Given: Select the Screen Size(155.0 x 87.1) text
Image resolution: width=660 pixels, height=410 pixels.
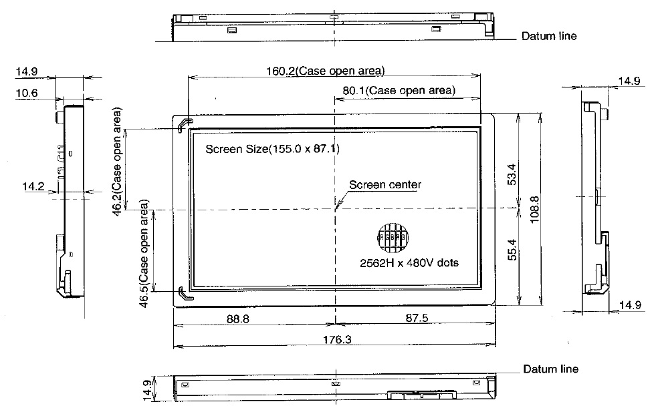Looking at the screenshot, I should (x=272, y=149).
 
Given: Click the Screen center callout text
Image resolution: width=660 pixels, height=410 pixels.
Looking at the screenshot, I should (x=385, y=185).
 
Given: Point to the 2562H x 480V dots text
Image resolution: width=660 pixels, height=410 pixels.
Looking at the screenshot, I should (x=409, y=262).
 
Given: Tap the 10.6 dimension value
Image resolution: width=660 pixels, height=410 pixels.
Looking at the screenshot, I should (x=26, y=93).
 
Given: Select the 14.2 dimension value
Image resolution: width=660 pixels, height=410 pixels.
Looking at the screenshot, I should (x=32, y=188).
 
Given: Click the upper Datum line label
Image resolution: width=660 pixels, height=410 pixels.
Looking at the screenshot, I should (x=549, y=36).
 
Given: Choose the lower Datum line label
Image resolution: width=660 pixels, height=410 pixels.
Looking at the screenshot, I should (x=551, y=369).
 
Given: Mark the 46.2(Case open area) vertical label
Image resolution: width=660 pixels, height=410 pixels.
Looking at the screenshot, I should (x=118, y=160).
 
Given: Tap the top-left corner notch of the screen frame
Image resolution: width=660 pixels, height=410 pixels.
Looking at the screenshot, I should (x=185, y=124).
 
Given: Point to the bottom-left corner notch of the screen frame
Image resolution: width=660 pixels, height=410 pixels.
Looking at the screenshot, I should (x=185, y=292).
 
